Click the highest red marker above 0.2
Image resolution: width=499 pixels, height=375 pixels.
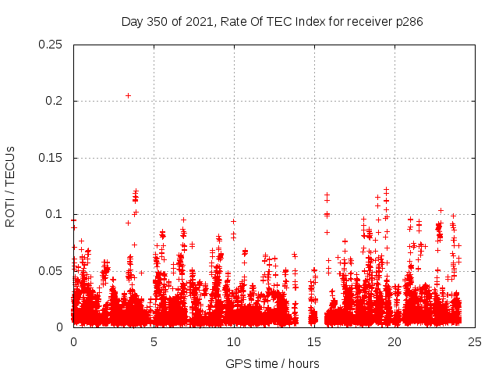tap(128, 95)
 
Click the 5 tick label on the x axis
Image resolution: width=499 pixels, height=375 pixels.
tap(154, 341)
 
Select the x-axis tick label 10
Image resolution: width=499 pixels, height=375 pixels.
tap(234, 341)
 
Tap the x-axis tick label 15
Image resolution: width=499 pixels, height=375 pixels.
tap(314, 341)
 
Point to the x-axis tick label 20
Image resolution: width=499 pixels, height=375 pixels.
tap(395, 341)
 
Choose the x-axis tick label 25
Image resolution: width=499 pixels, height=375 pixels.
tap(475, 341)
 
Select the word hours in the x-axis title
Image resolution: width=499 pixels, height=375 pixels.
tap(301, 363)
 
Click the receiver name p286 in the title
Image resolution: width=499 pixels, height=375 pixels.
tap(409, 22)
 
